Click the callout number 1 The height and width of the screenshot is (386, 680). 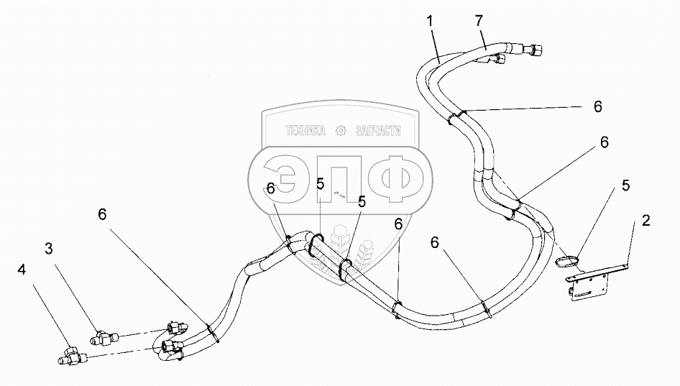point(430,21)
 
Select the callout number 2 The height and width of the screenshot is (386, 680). point(645,221)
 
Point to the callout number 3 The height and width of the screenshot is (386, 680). point(49,249)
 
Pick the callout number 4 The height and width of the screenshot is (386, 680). point(22,270)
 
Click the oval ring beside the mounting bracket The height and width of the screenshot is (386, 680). point(567,257)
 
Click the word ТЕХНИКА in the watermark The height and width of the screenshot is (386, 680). point(305,131)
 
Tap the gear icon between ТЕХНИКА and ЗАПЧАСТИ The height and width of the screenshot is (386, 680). point(341,131)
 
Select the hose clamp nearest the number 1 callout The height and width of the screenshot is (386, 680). point(456,116)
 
